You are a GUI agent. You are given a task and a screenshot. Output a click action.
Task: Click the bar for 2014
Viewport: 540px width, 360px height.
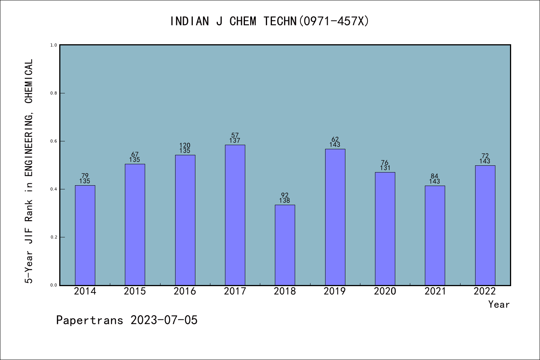(85, 235)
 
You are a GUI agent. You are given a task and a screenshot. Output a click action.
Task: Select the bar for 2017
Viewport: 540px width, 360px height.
(235, 215)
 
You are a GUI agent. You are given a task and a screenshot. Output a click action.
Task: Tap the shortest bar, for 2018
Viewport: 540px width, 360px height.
(285, 245)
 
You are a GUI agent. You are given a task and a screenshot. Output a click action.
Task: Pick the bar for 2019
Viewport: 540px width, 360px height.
(335, 217)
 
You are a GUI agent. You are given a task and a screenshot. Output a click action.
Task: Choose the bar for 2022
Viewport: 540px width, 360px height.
(485, 225)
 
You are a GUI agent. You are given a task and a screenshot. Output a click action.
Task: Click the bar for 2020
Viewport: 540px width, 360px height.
(385, 229)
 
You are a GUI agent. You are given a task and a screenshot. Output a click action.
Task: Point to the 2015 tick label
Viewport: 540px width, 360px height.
(135, 291)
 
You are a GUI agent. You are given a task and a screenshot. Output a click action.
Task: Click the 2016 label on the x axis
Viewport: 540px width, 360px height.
(185, 291)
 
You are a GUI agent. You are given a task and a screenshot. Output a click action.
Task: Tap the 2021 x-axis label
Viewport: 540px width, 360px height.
(435, 291)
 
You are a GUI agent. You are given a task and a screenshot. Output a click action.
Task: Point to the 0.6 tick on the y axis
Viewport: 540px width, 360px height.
(54, 141)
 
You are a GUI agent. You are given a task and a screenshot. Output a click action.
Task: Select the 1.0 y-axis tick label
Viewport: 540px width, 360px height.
(54, 45)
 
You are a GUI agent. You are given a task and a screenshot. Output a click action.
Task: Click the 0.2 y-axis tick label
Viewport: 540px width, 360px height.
(54, 237)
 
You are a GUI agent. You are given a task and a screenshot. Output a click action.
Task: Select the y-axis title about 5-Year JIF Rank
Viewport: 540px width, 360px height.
(29, 171)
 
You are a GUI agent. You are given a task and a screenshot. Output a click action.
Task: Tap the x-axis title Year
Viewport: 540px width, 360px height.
(499, 304)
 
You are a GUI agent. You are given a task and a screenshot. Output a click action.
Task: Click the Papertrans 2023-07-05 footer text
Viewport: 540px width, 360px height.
(127, 320)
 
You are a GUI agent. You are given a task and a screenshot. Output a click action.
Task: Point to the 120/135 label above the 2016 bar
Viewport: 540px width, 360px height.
(185, 148)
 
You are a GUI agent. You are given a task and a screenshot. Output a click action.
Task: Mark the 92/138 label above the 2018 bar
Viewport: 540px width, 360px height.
(285, 198)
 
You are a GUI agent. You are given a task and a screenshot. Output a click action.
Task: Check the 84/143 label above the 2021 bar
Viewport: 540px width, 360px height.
(435, 179)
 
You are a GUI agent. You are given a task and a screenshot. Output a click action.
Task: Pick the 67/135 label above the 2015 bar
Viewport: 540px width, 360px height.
(135, 157)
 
